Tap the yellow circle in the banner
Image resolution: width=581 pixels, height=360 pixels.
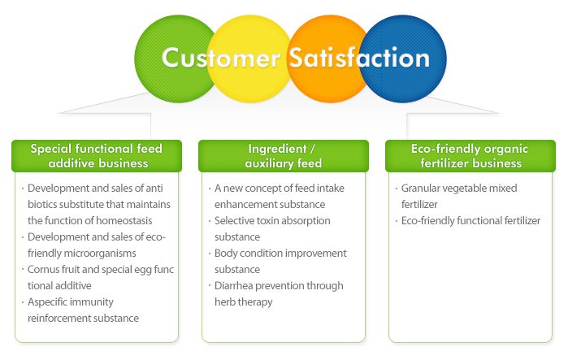pyautogui.click(x=250, y=59)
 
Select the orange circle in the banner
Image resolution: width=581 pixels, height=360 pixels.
pyautogui.click(x=326, y=59)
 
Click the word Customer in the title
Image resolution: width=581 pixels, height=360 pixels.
pyautogui.click(x=221, y=58)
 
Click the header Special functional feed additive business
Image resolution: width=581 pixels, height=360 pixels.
pyautogui.click(x=97, y=156)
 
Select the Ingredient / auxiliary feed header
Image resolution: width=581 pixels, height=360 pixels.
pyautogui.click(x=284, y=156)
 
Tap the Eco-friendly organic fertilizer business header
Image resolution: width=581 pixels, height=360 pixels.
pyautogui.click(x=470, y=156)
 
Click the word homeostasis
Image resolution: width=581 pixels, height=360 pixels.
pyautogui.click(x=124, y=221)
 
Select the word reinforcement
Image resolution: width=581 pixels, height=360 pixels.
pyautogui.click(x=59, y=318)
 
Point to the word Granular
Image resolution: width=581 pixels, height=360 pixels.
pyautogui.click(x=420, y=189)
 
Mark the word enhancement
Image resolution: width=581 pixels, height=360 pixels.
pyautogui.click(x=244, y=205)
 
